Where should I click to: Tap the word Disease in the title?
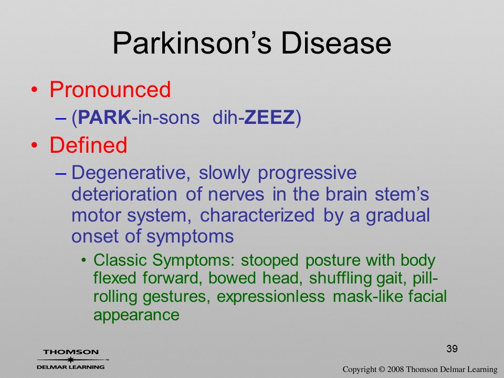(336, 43)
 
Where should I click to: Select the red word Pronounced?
(110, 89)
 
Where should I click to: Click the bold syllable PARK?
(104, 117)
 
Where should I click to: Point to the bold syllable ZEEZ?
(269, 117)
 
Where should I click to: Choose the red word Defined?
(88, 145)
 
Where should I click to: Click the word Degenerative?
(129, 173)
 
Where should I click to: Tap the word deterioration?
(124, 194)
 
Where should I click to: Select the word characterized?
(257, 215)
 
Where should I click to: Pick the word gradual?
(398, 216)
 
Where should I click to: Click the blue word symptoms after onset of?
(190, 237)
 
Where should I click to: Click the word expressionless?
(271, 296)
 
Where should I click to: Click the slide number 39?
(452, 349)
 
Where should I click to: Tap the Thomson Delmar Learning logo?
(71, 360)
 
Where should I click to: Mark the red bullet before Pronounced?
(35, 90)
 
